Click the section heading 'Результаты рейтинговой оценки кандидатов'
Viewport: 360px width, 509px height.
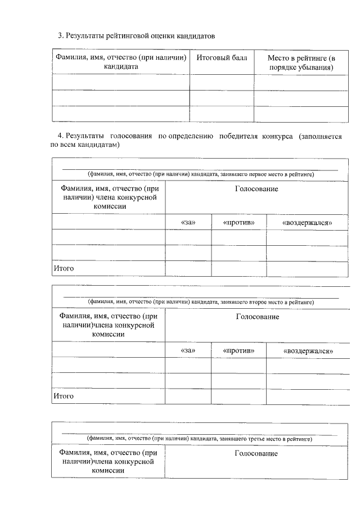(137, 35)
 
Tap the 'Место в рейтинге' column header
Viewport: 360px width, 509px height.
(301, 62)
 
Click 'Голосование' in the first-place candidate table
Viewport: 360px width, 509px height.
(256, 189)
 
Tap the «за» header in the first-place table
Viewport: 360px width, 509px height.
(188, 222)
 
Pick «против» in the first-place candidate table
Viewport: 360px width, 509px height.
(238, 222)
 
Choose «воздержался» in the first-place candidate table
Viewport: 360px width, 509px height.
(307, 223)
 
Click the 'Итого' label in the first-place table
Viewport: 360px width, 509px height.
(64, 269)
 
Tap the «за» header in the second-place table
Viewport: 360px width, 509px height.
(188, 350)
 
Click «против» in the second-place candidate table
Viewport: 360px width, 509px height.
(238, 350)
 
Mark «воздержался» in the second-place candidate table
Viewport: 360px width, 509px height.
(308, 351)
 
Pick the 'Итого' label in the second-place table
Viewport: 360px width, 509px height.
(64, 396)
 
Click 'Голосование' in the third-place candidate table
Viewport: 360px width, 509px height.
(256, 453)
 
